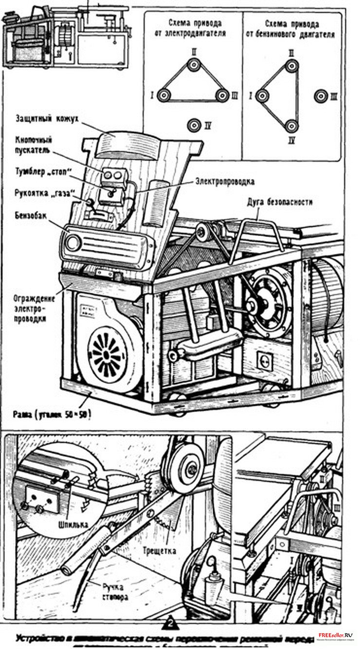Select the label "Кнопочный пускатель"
click(34, 145)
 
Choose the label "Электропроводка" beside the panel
click(225, 181)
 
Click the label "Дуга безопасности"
click(279, 201)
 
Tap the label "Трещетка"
click(160, 551)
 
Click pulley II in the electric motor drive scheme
click(194, 64)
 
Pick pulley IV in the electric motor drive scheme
click(195, 125)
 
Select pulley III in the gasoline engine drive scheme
click(319, 96)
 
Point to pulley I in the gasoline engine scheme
click(263, 96)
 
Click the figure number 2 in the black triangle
click(170, 623)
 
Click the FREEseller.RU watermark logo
click(336, 636)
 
